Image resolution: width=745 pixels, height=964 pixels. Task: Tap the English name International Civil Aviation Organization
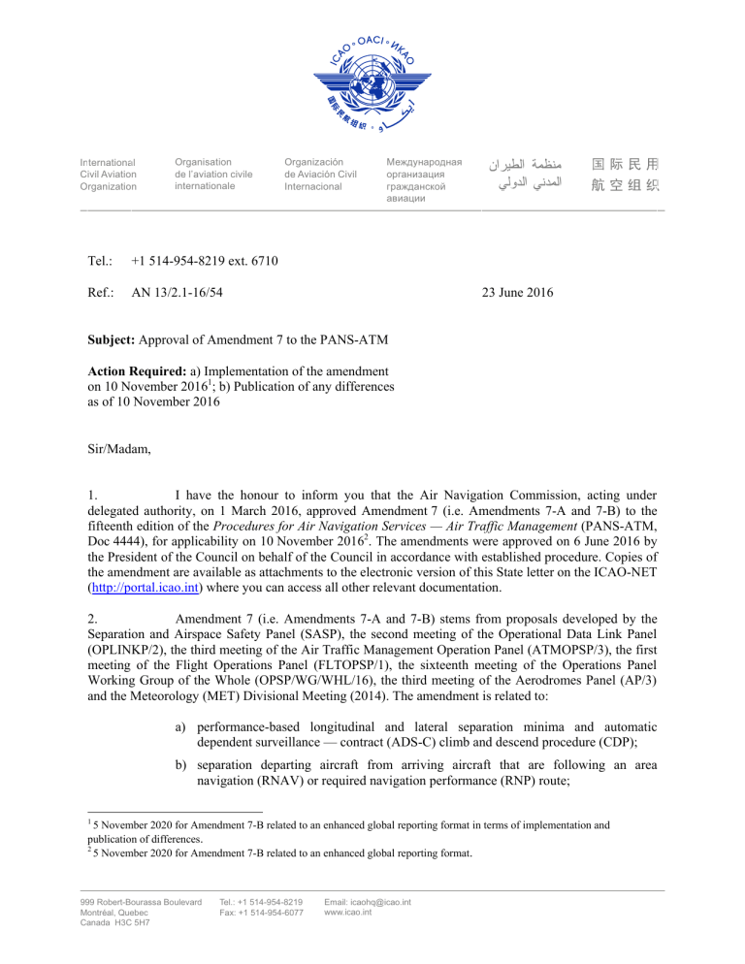pyautogui.click(x=108, y=175)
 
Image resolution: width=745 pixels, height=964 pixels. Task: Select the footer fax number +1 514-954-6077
pyautogui.click(x=262, y=914)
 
